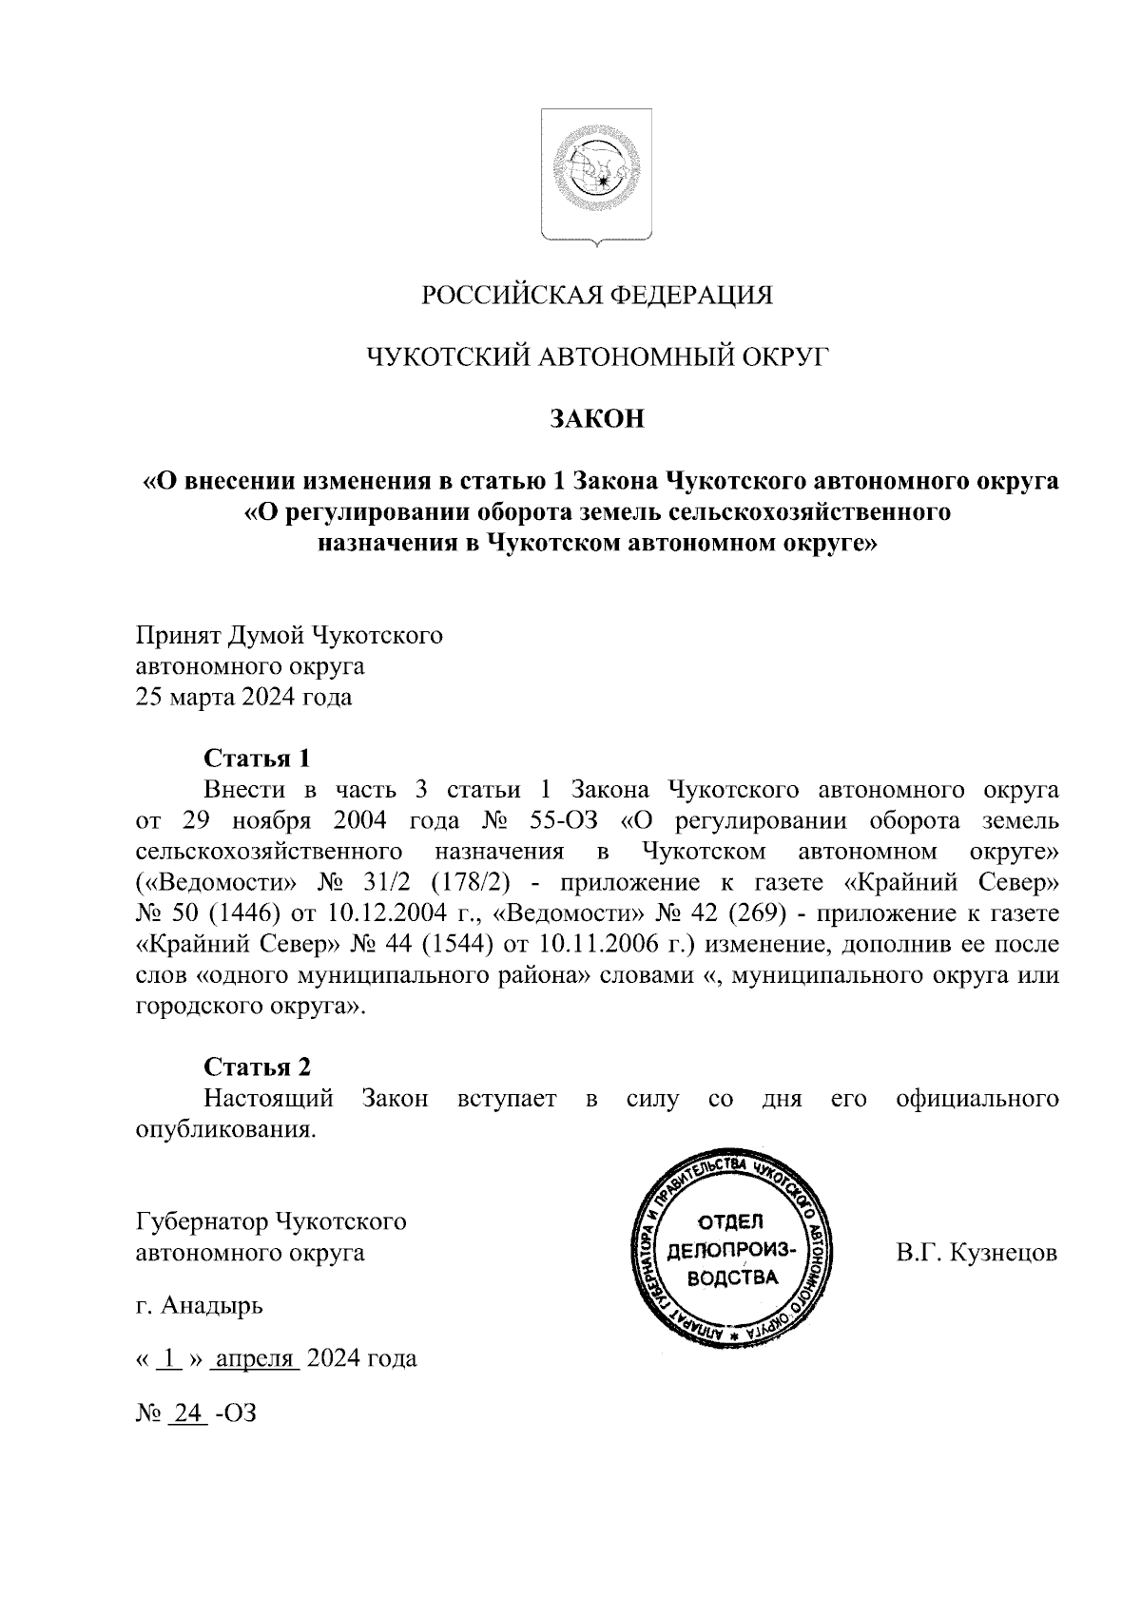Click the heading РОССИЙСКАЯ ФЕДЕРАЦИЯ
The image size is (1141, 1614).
click(x=597, y=296)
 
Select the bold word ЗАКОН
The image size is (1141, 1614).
click(x=597, y=419)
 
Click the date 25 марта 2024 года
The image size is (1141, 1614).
click(x=243, y=698)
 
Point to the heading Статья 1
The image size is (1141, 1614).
click(x=257, y=759)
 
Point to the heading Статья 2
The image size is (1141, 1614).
click(x=257, y=1067)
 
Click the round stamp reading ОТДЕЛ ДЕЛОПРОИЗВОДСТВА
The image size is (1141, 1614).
click(x=731, y=1249)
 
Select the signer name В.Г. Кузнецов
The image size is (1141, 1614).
click(x=977, y=1252)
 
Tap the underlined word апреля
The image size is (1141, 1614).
click(x=255, y=1359)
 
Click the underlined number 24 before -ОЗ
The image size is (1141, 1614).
click(x=187, y=1413)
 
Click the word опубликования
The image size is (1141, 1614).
click(x=224, y=1130)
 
